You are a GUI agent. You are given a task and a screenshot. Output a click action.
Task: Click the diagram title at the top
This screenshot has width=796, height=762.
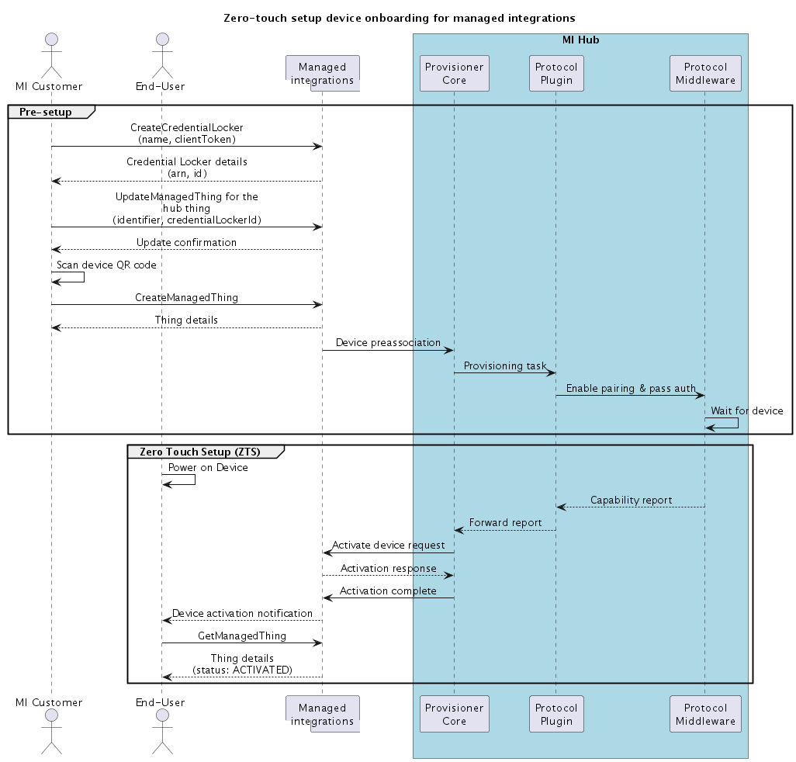(399, 17)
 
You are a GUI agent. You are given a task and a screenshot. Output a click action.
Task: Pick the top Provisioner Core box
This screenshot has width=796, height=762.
(454, 74)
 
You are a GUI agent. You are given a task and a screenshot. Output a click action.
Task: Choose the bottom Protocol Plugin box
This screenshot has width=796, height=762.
(556, 714)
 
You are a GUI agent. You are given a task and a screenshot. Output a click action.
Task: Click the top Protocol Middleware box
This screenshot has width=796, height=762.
(705, 74)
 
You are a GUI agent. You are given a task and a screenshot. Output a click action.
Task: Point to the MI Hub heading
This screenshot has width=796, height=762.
(580, 40)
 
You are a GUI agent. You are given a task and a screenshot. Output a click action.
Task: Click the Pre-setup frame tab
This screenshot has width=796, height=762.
(46, 112)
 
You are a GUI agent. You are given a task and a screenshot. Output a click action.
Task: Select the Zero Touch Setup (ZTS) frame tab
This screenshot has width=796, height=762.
(201, 451)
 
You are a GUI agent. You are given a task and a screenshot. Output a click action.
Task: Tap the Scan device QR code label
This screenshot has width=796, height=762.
(106, 265)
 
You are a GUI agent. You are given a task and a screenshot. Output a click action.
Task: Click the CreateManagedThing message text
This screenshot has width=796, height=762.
(186, 297)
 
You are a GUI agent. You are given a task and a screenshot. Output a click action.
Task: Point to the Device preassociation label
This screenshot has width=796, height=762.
(388, 342)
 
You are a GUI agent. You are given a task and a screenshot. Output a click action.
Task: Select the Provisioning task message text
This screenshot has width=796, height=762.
(504, 365)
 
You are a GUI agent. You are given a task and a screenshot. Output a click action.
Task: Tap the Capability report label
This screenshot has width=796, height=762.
(631, 500)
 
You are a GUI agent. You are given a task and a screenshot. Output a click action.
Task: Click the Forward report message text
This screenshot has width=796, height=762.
(505, 522)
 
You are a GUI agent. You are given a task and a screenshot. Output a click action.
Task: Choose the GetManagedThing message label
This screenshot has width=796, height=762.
(241, 636)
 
